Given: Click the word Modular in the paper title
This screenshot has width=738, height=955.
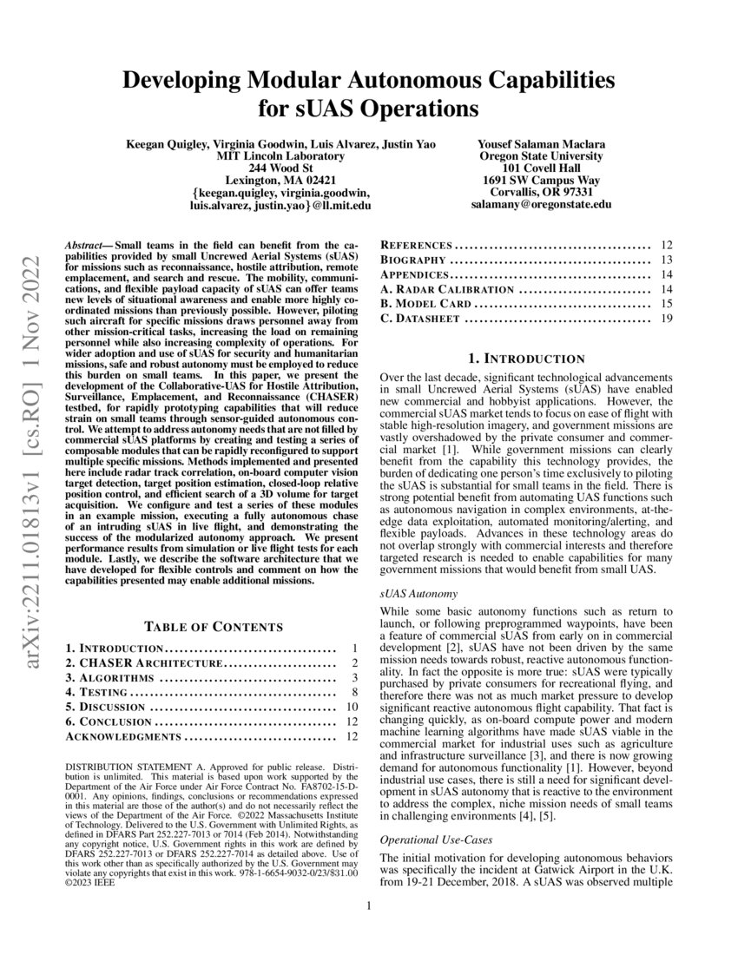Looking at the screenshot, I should (x=294, y=82).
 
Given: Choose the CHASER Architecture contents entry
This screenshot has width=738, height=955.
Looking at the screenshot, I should (x=145, y=663).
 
